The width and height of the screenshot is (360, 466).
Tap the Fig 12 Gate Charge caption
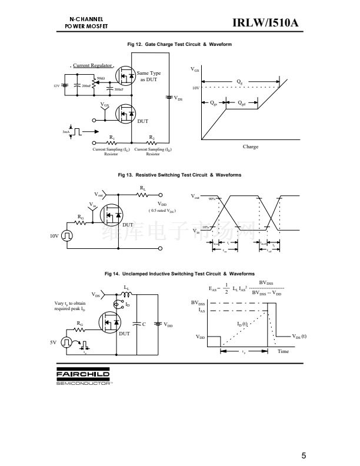coord(179,45)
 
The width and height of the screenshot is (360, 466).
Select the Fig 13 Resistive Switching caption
coord(179,175)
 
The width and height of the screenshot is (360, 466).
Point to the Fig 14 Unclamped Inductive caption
coord(179,274)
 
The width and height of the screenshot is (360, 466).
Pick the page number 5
coord(303,455)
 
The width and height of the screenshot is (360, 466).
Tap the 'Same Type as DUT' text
coord(149,76)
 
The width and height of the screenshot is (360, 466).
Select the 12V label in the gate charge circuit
coord(56,86)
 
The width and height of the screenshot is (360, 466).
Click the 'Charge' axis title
coord(251,147)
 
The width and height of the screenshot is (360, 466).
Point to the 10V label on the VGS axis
coord(196,88)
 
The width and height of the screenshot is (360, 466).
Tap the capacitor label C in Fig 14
coord(144,324)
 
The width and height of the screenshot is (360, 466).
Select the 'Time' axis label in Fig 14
coord(283,351)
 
